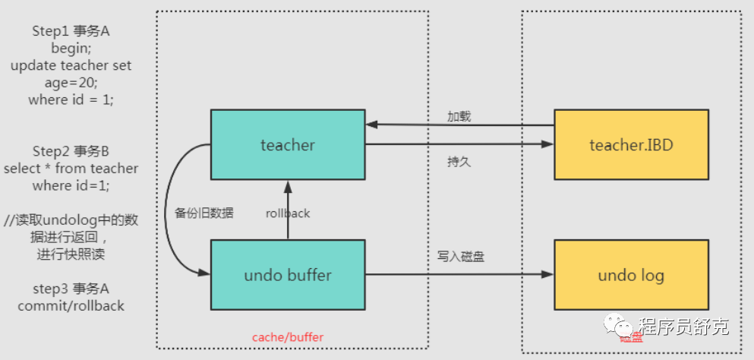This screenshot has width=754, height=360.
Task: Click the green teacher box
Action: coord(287,144)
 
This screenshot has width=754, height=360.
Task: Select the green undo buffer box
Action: coord(287,274)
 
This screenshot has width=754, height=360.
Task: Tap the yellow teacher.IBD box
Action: coord(631,144)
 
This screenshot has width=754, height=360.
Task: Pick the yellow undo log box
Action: coord(631,274)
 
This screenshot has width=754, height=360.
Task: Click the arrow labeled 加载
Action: coord(459,125)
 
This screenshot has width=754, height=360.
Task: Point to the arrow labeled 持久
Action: coord(459,144)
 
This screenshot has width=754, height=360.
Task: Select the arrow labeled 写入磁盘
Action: coord(459,274)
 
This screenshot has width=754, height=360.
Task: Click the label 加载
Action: coord(459,116)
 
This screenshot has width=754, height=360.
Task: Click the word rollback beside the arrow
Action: coord(288,213)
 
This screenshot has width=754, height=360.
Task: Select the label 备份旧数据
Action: coord(204,213)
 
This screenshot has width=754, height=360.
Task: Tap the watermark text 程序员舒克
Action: coord(683,327)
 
